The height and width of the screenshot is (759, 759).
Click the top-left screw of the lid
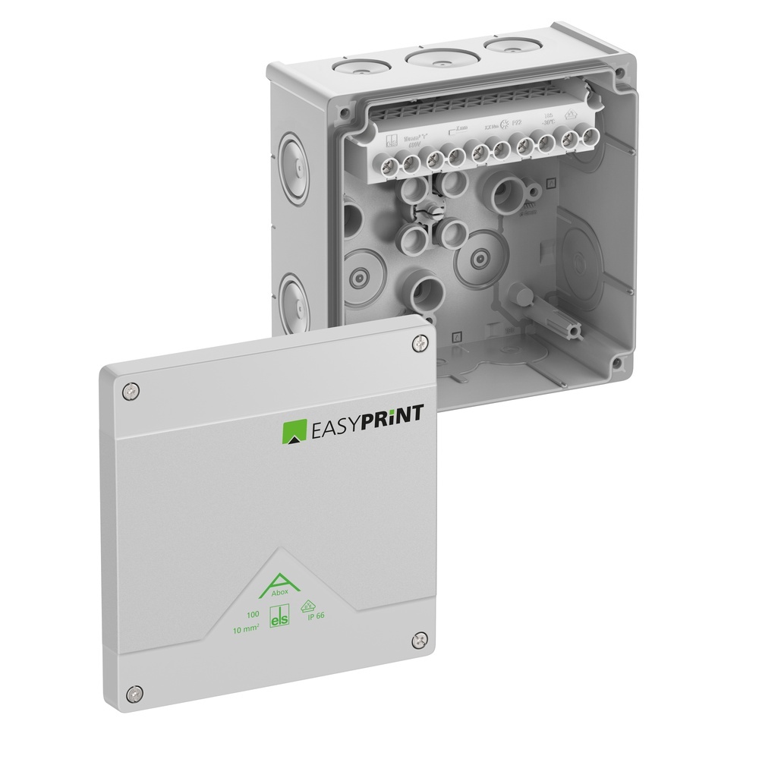click(131, 391)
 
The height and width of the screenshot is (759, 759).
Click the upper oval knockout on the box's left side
click(295, 163)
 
